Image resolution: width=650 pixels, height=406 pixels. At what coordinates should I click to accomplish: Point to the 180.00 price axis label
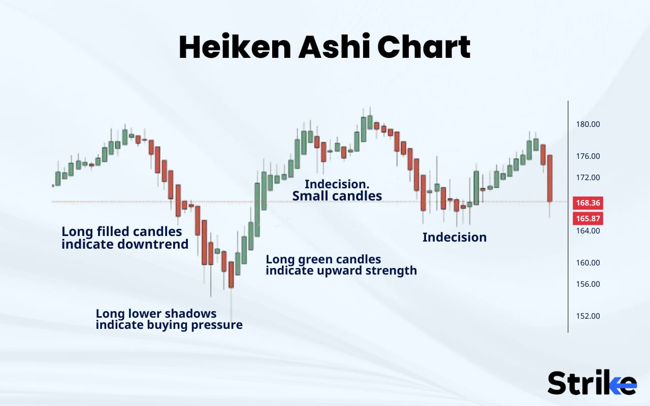588,124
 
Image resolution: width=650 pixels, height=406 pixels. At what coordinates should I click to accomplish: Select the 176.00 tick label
588,156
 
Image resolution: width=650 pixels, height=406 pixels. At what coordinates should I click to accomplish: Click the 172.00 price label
588,178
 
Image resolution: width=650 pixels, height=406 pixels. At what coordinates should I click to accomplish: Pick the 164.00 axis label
588,231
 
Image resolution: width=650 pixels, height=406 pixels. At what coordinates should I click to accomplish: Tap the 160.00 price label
588,263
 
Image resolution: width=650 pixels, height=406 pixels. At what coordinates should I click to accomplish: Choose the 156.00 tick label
588,284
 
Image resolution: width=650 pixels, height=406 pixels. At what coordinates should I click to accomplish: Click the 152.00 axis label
588,316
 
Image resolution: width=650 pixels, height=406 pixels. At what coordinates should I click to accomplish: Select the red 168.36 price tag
588,203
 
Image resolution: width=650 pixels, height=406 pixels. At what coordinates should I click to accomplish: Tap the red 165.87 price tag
588,219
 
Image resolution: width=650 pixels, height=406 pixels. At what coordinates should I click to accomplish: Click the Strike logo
592,383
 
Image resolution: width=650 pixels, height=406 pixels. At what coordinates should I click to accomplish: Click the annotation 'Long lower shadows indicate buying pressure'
169,319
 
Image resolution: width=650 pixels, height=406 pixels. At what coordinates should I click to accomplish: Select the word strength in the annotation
391,270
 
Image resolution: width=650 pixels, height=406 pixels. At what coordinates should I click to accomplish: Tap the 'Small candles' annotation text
337,196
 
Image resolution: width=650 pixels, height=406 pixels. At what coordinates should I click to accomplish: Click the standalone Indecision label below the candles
454,237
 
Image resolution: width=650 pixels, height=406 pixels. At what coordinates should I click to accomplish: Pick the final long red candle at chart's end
549,178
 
